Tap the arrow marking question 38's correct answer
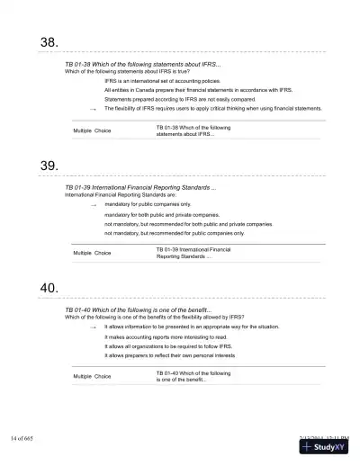93,109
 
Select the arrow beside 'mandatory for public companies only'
93,205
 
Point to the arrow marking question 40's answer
93,327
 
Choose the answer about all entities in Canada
198,90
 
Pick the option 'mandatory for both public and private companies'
161,215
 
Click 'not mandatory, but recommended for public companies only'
174,233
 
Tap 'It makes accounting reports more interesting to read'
166,337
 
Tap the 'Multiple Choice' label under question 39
92,253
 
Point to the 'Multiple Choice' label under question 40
92,375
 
